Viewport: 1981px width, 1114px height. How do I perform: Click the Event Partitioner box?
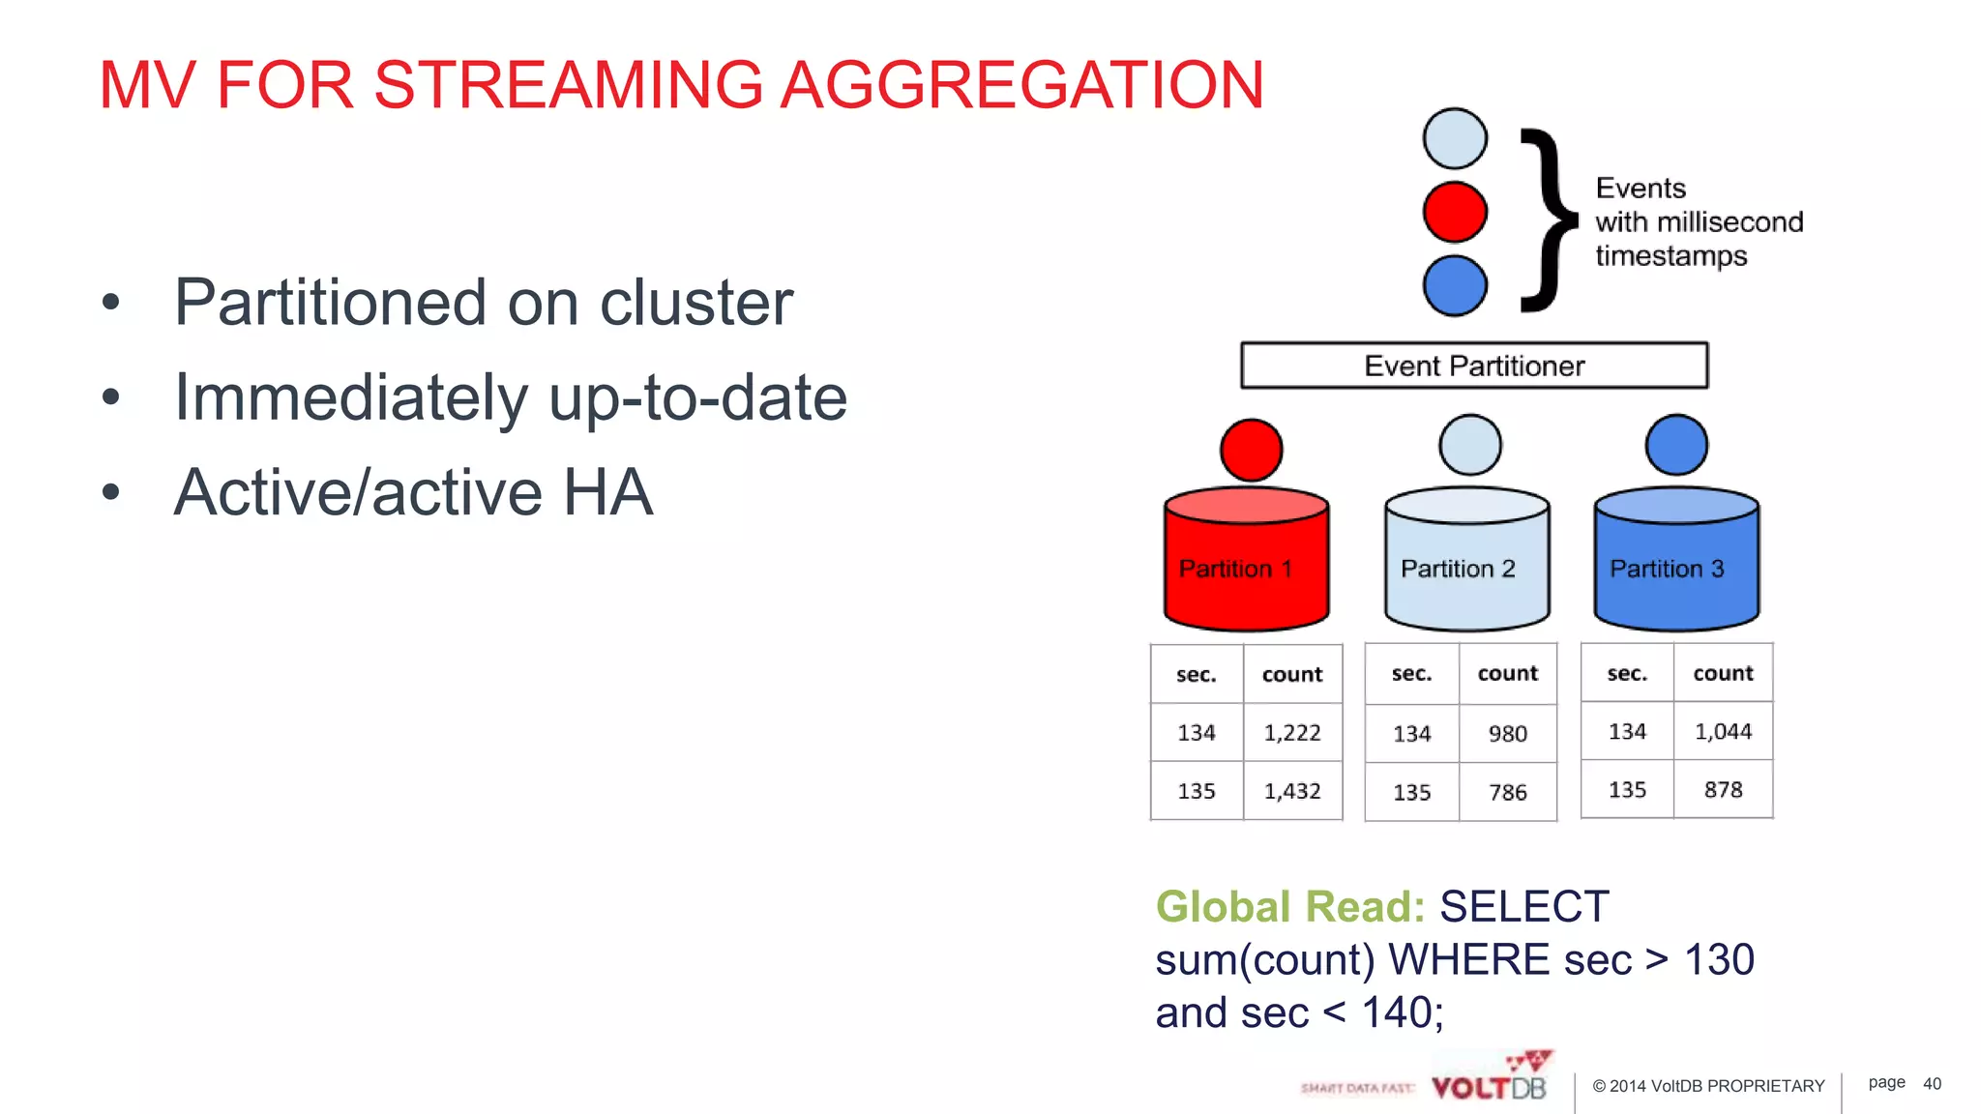pyautogui.click(x=1474, y=366)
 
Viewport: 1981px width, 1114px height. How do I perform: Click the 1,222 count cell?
pyautogui.click(x=1292, y=733)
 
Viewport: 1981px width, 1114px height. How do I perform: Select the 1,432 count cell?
pyautogui.click(x=1292, y=791)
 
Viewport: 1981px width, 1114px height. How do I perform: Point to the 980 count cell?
pyautogui.click(x=1507, y=734)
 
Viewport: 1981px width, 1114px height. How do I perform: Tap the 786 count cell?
pyautogui.click(x=1507, y=793)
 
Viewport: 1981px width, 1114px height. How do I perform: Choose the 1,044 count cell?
pyautogui.click(x=1723, y=732)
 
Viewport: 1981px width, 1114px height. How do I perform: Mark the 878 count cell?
pyautogui.click(x=1723, y=790)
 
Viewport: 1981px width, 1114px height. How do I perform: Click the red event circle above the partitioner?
pyautogui.click(x=1455, y=212)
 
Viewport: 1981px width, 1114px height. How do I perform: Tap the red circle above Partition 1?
pyautogui.click(x=1251, y=450)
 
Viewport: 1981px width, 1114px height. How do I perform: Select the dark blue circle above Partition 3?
pyautogui.click(x=1676, y=445)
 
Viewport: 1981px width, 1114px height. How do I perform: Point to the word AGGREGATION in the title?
pyautogui.click(x=1021, y=85)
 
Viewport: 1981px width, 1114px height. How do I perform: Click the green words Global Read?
pyautogui.click(x=1290, y=907)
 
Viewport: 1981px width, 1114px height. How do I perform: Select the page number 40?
pyautogui.click(x=1932, y=1084)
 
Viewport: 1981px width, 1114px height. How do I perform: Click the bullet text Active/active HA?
pyautogui.click(x=413, y=492)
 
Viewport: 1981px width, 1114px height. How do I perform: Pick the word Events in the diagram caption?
pyautogui.click(x=1641, y=188)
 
